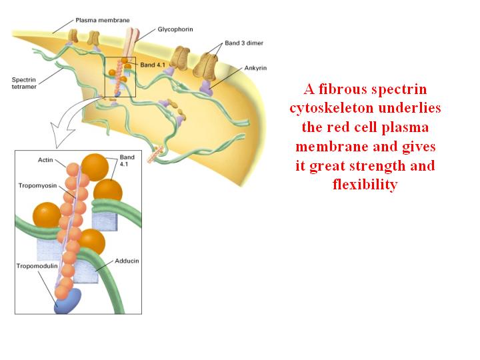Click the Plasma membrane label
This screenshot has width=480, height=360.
click(103, 21)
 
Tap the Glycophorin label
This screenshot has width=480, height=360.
click(175, 30)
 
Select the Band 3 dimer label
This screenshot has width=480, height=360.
click(244, 43)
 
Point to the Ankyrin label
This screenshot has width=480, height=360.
click(255, 68)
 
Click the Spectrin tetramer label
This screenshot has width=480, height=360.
click(24, 83)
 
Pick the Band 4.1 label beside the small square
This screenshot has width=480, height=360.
click(153, 65)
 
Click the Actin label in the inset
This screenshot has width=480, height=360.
click(45, 160)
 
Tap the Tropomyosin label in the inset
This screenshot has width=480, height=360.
click(37, 185)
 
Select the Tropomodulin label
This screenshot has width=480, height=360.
click(37, 266)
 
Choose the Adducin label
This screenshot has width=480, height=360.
click(127, 261)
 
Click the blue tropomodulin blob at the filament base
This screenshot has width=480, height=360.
click(68, 301)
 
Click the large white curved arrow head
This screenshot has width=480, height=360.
click(62, 135)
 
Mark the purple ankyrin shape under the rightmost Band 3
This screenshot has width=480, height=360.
click(206, 88)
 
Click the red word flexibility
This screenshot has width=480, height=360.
click(365, 185)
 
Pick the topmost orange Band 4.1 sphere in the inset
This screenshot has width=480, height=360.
click(95, 167)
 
